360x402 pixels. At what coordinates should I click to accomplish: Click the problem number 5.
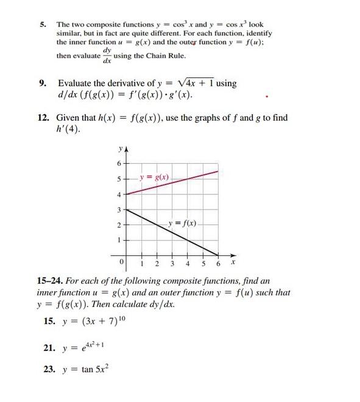pos(43,25)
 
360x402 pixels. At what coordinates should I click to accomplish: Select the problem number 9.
pos(43,83)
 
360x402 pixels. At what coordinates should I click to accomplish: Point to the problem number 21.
pos(49,348)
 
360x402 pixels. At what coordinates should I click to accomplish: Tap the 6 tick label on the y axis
pos(119,163)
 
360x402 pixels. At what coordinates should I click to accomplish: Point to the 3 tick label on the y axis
pos(119,210)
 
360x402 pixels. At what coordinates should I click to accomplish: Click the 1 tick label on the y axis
pos(119,240)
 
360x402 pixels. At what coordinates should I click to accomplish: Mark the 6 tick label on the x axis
pos(218,264)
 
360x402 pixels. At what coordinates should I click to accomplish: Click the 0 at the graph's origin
pos(122,261)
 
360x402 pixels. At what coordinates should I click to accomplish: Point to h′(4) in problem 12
pos(66,129)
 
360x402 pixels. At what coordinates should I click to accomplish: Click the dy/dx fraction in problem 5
pos(107,55)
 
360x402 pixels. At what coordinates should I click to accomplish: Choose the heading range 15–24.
pos(51,281)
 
